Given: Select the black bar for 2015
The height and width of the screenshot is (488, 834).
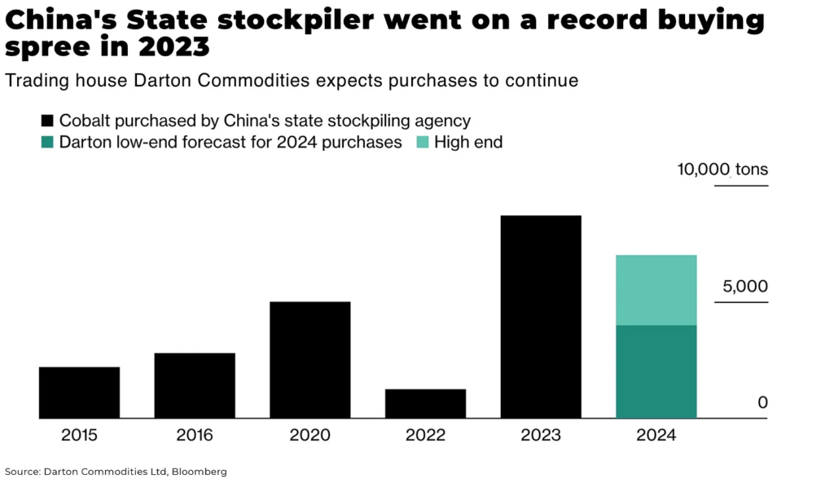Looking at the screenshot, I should tap(79, 393).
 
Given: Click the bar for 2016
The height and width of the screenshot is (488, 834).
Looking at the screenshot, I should tap(195, 385).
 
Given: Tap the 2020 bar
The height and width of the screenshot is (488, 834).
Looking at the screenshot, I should tap(310, 360).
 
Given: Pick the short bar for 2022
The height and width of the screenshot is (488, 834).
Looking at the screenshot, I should tap(425, 403).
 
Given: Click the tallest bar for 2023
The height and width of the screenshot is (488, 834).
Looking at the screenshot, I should tap(541, 317).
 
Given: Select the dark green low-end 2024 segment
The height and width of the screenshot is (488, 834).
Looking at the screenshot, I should tap(656, 371).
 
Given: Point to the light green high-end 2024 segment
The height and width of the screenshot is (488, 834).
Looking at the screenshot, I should tap(656, 290).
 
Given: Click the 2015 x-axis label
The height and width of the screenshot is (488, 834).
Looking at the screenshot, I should tap(79, 435).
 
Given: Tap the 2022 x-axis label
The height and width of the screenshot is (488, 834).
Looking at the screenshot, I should tap(425, 435).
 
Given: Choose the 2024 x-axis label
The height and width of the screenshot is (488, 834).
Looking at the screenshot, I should tap(656, 435).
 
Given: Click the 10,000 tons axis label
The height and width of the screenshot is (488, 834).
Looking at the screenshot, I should tap(722, 170).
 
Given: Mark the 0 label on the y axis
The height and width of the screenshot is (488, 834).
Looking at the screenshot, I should tap(762, 402).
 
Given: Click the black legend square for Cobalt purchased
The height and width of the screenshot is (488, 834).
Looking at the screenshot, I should tap(47, 121).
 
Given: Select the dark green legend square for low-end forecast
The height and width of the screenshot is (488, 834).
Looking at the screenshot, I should tap(47, 143).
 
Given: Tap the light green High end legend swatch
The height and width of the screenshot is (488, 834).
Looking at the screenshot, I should tap(422, 143).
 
